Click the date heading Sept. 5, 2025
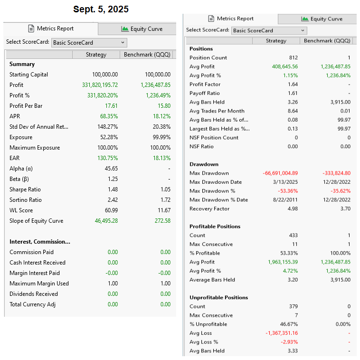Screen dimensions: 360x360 pos(101,9)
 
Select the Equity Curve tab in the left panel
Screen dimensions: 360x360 pos(142,29)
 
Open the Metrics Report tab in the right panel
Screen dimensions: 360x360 pos(231,19)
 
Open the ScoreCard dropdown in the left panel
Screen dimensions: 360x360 pos(89,42)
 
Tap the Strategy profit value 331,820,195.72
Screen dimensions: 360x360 pos(100,85)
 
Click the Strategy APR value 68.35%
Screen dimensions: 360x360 pos(109,116)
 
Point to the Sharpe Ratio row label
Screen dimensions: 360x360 pos(25,189)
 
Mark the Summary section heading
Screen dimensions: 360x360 pos(22,64)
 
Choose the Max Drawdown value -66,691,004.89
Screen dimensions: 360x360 pos(280,173)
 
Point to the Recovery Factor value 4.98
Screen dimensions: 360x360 pos(293,208)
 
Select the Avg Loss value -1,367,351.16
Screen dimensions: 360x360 pos(282,333)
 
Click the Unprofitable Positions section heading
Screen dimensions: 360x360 pos(218,298)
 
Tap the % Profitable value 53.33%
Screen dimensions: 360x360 pos(289,253)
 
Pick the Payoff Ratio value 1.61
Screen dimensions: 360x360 pos(293,93)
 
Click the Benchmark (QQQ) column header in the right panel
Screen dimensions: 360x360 pos(327,41)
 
